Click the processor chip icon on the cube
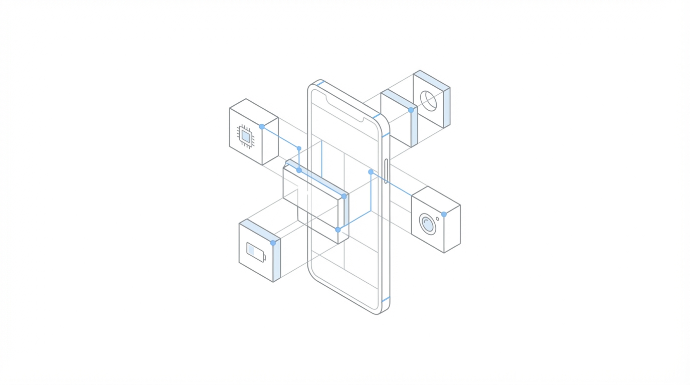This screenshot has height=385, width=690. (x=246, y=136)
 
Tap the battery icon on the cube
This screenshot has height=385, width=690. (x=256, y=252)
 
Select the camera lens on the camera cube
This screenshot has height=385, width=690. (x=427, y=224)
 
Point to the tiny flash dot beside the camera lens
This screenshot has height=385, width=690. (x=437, y=219)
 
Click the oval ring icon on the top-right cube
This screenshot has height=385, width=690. (x=428, y=101)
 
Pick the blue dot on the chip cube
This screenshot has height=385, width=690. (x=261, y=127)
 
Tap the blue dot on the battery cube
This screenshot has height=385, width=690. (x=273, y=243)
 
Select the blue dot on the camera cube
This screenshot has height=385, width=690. (x=444, y=215)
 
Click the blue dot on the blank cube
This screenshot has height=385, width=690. (x=411, y=110)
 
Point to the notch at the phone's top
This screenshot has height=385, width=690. (x=345, y=109)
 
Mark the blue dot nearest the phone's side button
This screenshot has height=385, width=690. (x=371, y=172)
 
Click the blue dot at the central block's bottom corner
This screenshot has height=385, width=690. (x=338, y=230)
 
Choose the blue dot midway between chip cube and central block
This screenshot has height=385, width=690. (x=299, y=148)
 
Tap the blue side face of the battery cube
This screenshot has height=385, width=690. (x=276, y=260)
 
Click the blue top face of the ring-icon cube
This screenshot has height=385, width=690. (x=432, y=80)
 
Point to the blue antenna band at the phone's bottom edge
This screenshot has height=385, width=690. (x=385, y=300)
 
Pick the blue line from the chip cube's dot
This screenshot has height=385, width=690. (x=280, y=137)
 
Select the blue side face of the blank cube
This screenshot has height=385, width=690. (x=414, y=128)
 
